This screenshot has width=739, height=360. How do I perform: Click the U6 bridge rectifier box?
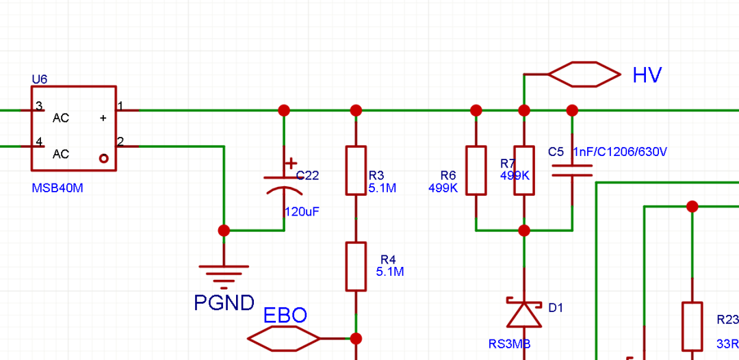73,128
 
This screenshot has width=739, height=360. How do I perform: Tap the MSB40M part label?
57,188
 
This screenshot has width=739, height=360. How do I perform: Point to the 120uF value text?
302,212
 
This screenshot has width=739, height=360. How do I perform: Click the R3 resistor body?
356,170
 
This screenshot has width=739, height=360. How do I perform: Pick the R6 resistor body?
476,170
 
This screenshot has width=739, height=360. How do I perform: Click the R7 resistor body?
524,170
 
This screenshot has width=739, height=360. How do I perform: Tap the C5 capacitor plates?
572,170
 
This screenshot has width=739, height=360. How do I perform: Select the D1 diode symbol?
524,312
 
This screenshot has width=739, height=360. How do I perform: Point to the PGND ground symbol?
223,272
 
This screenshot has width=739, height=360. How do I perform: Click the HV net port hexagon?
584,74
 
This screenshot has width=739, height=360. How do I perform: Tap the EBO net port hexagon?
283,338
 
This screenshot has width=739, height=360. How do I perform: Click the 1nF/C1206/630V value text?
620,152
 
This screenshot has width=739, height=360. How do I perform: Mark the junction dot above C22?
284,110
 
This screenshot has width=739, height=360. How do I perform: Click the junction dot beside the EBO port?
356,338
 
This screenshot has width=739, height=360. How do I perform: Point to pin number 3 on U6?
39,106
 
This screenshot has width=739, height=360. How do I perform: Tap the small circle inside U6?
104,158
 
